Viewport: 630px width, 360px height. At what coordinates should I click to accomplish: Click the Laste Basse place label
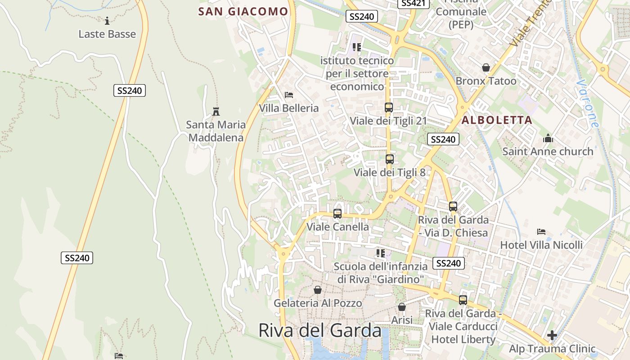tap(107, 34)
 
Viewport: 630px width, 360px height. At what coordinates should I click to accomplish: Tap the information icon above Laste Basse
tap(107, 21)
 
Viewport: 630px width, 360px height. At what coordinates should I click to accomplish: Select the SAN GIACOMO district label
tap(243, 12)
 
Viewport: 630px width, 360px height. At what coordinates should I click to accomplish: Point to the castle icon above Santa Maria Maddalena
tap(216, 111)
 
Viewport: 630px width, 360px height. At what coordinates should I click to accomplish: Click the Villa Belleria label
tap(288, 108)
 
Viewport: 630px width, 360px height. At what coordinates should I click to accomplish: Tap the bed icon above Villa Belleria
tap(289, 95)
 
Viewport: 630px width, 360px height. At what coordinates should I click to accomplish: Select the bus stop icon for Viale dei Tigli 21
tap(389, 108)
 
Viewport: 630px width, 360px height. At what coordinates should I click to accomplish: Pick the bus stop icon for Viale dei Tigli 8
tap(390, 159)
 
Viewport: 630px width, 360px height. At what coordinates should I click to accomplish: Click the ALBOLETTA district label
tap(497, 120)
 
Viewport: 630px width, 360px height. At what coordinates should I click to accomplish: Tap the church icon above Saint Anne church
tap(548, 138)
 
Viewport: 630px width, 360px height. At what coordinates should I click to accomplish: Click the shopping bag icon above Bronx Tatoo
tap(486, 67)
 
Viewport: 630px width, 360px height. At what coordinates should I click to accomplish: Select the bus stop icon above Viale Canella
tap(337, 214)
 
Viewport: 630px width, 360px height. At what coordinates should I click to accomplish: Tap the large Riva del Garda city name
tap(319, 331)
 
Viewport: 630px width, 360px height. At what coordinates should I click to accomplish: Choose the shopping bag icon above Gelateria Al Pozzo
tap(318, 290)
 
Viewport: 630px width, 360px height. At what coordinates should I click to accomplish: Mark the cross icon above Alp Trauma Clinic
tap(552, 335)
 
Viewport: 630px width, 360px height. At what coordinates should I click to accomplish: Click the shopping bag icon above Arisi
tap(402, 307)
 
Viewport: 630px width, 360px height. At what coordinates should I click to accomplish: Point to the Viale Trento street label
tap(531, 22)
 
